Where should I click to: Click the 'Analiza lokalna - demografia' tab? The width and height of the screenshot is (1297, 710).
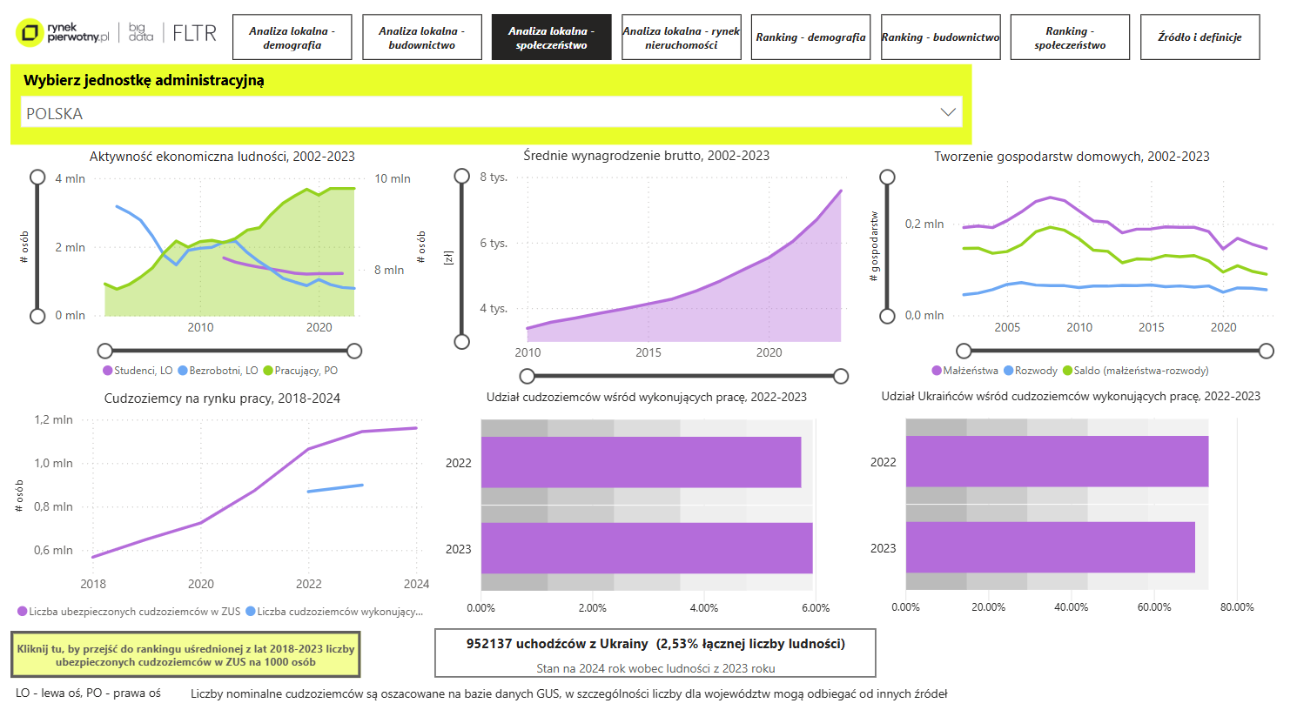292,37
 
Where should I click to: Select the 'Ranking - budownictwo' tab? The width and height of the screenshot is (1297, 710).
940,37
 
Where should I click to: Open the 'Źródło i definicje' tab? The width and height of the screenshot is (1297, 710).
1200,37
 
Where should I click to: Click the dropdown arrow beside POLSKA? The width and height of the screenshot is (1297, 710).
948,112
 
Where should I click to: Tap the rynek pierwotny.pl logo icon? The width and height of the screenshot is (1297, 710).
30,34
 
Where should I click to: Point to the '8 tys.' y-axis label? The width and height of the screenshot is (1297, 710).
494,177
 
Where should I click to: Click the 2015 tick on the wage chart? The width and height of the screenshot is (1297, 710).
648,352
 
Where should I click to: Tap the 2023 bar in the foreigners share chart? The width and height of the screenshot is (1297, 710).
646,548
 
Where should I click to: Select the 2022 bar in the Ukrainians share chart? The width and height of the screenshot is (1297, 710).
1057,461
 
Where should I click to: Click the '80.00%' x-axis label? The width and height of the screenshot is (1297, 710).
1236,607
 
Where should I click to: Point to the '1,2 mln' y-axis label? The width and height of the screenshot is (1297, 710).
53,419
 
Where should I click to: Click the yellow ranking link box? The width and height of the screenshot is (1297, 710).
185,655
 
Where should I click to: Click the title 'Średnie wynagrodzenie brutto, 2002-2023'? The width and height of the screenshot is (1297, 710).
646,156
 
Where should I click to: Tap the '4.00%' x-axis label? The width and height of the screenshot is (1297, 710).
703,608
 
